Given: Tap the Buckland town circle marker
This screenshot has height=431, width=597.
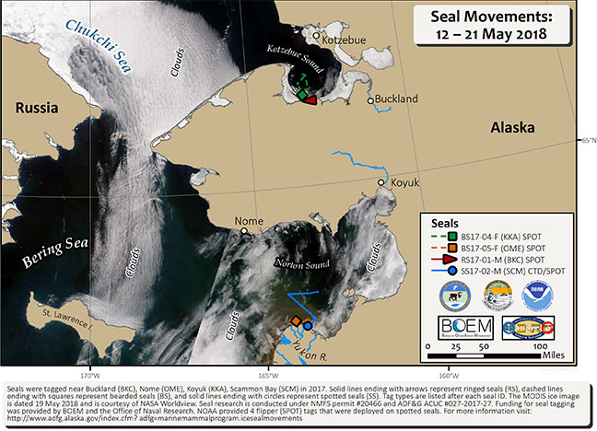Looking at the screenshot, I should pos(370,101).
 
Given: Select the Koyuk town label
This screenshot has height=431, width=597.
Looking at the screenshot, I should pos(405,184).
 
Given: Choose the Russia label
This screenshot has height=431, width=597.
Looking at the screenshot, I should pos(37,108).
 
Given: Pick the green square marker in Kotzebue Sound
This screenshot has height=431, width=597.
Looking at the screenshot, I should pos(302,93).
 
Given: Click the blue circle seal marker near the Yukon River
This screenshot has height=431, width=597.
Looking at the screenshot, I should pos(308,326).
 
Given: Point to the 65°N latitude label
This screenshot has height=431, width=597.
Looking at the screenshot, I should pos(586,140).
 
